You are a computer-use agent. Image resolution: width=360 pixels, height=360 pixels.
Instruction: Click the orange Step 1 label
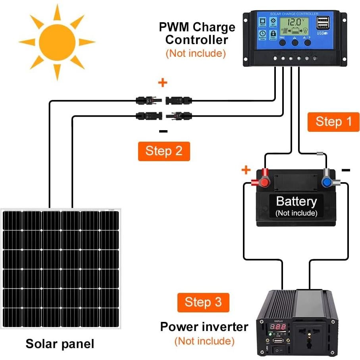[333, 121]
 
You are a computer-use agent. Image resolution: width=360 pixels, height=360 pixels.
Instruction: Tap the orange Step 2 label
[164, 151]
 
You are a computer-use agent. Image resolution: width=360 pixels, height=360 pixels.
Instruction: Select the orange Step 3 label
[203, 302]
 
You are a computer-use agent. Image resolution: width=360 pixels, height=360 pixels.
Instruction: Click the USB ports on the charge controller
[322, 25]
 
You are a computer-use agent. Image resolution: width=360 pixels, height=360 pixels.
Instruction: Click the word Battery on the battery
[296, 202]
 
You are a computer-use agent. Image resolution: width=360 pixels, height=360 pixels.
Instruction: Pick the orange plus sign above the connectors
[163, 83]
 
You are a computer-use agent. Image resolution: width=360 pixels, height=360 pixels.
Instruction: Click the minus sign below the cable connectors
[163, 131]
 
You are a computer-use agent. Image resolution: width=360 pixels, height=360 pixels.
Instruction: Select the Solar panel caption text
[60, 343]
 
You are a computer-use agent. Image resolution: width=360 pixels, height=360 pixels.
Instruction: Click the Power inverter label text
[204, 327]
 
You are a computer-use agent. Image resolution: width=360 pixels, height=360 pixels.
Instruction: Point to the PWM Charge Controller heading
[197, 33]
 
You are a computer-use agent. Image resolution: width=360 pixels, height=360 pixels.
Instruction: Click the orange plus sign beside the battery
[246, 170]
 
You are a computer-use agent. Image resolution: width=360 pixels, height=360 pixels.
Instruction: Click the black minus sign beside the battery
[346, 171]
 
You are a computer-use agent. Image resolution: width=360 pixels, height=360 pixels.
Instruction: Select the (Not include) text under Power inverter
[204, 341]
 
